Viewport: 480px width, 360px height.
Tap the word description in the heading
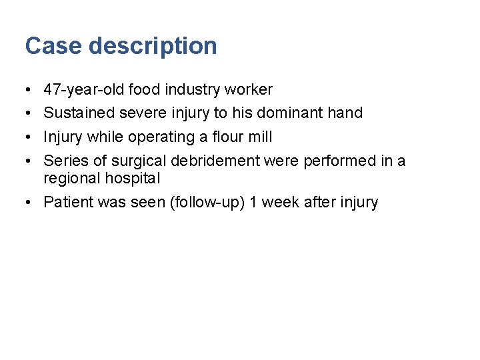coord(153,46)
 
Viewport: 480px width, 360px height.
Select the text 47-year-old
coord(83,89)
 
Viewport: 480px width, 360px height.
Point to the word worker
coord(248,89)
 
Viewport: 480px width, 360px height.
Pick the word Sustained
coord(79,113)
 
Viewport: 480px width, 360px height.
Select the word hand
coord(345,113)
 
